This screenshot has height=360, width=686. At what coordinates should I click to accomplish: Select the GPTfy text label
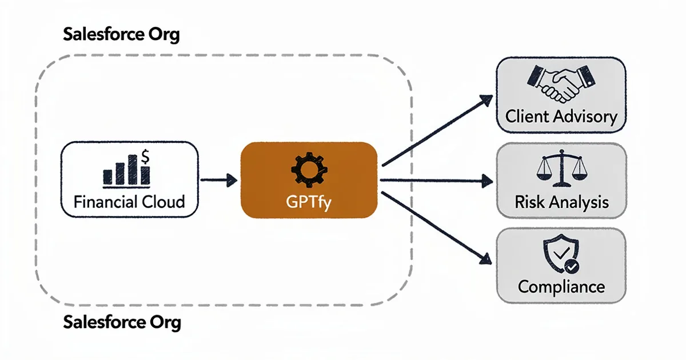coord(309,201)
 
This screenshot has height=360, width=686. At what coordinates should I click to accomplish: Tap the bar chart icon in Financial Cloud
coord(126,170)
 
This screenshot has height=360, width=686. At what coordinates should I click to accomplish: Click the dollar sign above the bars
coord(146,155)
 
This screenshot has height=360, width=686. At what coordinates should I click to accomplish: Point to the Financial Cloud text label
coord(129,201)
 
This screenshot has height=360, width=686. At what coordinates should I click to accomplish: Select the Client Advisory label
coord(561,117)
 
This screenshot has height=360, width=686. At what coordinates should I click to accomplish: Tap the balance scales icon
coord(561,169)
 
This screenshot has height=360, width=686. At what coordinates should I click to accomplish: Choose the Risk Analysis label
coord(561,202)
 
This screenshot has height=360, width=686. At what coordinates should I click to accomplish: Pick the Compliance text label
coord(561,286)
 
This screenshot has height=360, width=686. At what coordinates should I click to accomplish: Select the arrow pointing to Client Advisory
coord(437,130)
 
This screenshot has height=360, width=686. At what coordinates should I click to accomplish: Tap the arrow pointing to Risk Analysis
coord(437,181)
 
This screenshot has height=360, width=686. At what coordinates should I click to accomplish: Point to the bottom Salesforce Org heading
coord(122,322)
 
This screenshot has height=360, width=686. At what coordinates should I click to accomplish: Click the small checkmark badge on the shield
coord(570,266)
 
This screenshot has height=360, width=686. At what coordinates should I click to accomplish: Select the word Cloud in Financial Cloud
coord(164,201)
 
